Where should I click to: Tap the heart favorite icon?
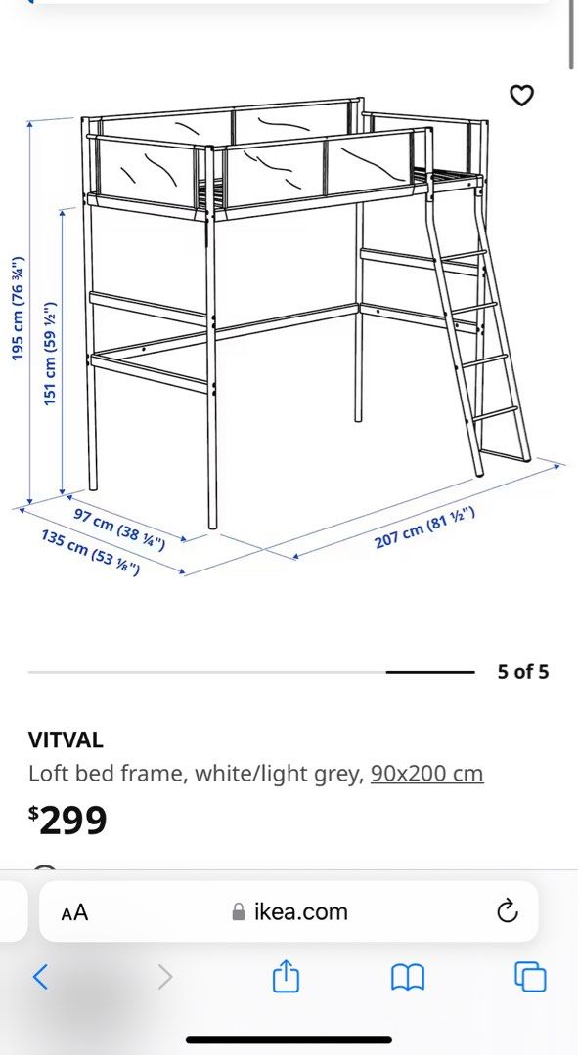(523, 96)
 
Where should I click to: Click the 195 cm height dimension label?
(18, 309)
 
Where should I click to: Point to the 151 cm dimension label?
(51, 339)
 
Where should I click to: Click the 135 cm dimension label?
(90, 551)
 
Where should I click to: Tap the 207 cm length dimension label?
(424, 527)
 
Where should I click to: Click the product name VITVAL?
(66, 740)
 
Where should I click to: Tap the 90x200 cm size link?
(426, 774)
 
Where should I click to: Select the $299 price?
(67, 821)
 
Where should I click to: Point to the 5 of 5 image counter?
(523, 672)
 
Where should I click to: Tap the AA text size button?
(74, 912)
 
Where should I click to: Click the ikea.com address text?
(300, 912)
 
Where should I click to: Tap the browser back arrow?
(40, 976)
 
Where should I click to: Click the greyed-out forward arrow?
(164, 976)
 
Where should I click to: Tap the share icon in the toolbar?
(285, 975)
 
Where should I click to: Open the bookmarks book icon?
(407, 976)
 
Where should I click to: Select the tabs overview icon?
(530, 976)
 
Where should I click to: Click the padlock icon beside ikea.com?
(238, 912)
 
